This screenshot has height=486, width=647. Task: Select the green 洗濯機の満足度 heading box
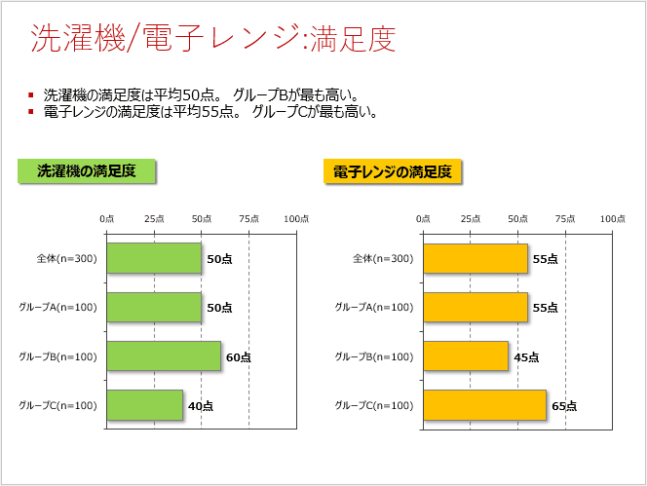(87, 171)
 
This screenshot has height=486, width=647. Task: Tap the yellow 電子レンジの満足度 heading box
(393, 172)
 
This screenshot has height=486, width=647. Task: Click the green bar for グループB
(164, 355)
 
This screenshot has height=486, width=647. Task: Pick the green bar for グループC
(144, 405)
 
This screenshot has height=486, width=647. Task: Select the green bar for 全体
(154, 258)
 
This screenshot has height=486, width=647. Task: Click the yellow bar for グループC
(484, 405)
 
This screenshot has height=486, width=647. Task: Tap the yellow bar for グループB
(466, 355)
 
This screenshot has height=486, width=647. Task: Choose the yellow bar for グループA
(476, 307)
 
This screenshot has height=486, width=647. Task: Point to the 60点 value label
(238, 357)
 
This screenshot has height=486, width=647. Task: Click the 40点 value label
(200, 406)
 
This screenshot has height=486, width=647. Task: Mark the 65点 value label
(563, 406)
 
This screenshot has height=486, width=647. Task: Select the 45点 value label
(526, 357)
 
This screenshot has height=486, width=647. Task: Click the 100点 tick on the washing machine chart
(296, 219)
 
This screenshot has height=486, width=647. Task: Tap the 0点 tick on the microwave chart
(423, 219)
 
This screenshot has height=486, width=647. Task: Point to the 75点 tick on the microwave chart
(565, 219)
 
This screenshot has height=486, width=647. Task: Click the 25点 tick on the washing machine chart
(154, 219)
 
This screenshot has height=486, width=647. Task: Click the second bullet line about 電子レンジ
(210, 112)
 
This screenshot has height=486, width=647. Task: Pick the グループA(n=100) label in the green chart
(57, 308)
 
